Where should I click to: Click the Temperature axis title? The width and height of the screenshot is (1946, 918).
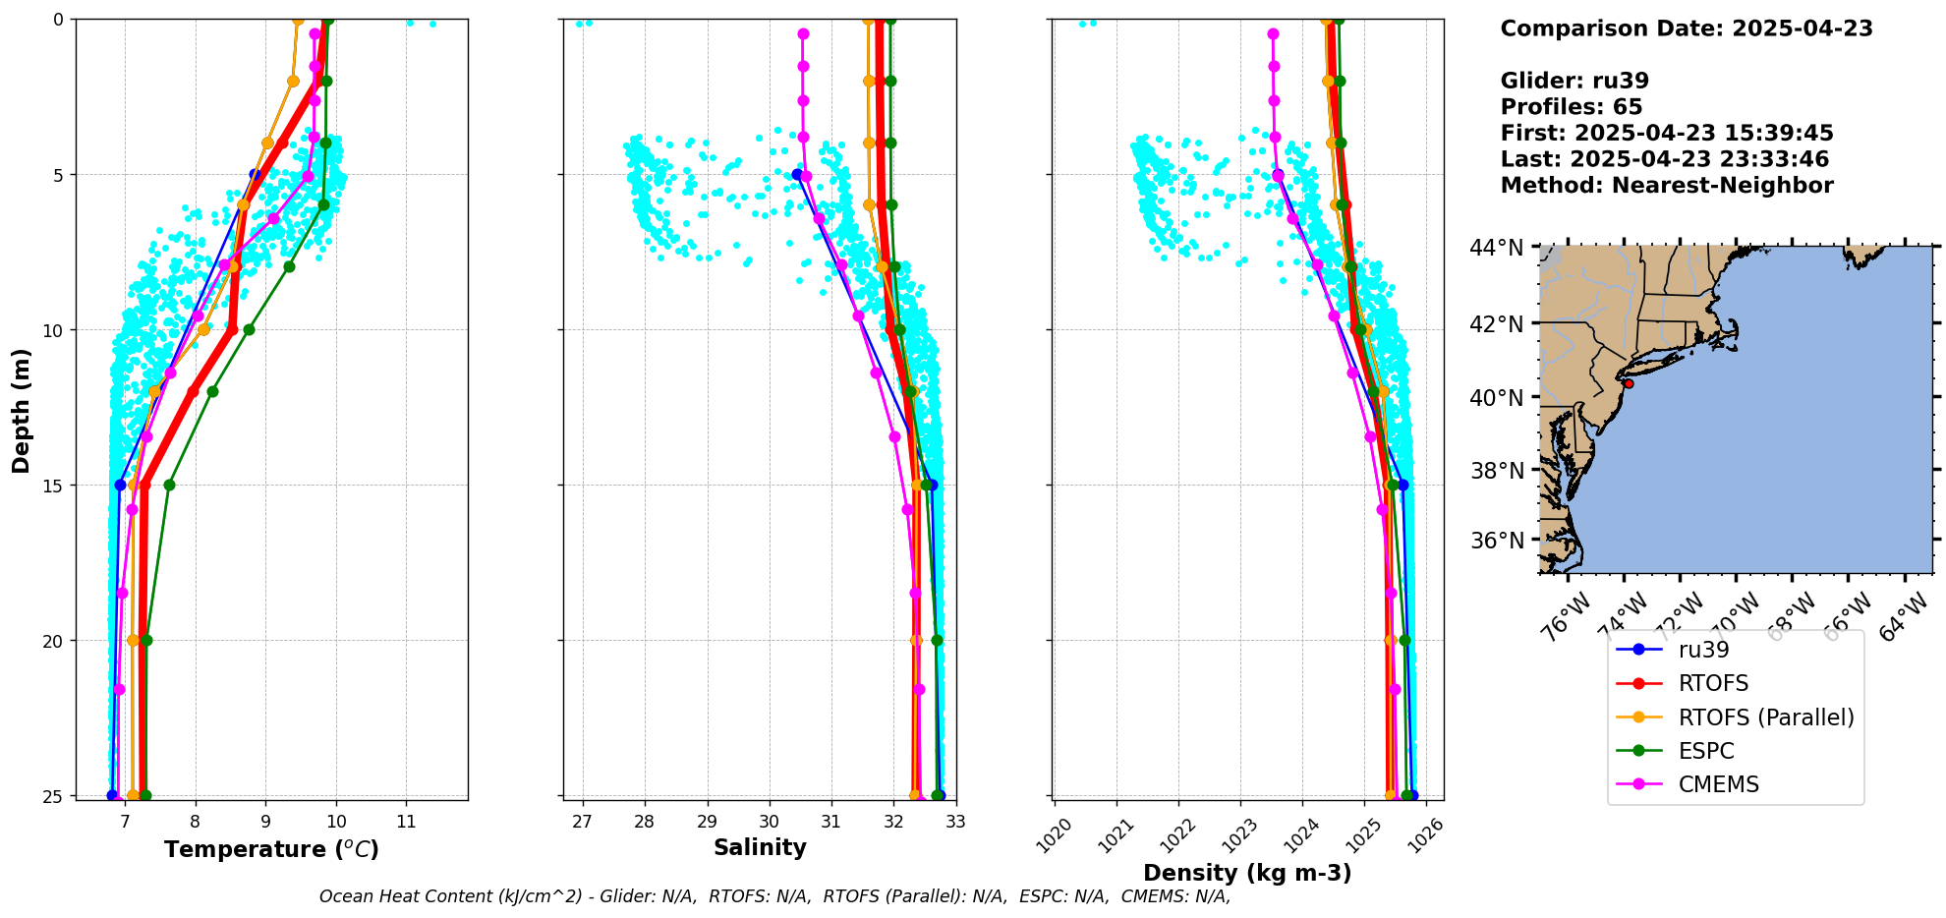pyautogui.click(x=271, y=849)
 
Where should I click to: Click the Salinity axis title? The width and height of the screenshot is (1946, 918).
pyautogui.click(x=760, y=847)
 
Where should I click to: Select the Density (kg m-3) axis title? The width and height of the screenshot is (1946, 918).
pyautogui.click(x=1247, y=873)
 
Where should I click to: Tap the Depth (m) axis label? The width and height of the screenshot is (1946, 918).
pyautogui.click(x=21, y=410)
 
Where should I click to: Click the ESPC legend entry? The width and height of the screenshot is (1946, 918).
pyautogui.click(x=1705, y=751)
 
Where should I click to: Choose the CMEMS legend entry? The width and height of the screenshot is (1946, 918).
pyautogui.click(x=1718, y=784)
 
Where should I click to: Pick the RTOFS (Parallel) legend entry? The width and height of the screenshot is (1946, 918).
pyautogui.click(x=1765, y=717)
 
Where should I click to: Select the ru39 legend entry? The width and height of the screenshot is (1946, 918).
pyautogui.click(x=1703, y=650)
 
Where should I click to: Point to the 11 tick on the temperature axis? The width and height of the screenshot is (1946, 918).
pyautogui.click(x=406, y=822)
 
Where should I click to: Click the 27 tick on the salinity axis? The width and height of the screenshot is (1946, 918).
pyautogui.click(x=583, y=822)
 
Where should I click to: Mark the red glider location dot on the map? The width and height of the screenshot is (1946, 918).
pyautogui.click(x=1629, y=383)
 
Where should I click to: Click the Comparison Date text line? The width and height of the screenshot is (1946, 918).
pyautogui.click(x=1686, y=29)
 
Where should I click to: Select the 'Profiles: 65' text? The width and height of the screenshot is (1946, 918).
pyautogui.click(x=1571, y=107)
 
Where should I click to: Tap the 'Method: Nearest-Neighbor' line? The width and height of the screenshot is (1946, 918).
pyautogui.click(x=1666, y=186)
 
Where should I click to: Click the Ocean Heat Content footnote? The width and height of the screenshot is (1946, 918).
pyautogui.click(x=774, y=896)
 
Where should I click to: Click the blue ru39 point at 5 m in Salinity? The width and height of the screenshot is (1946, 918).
pyautogui.click(x=797, y=175)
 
